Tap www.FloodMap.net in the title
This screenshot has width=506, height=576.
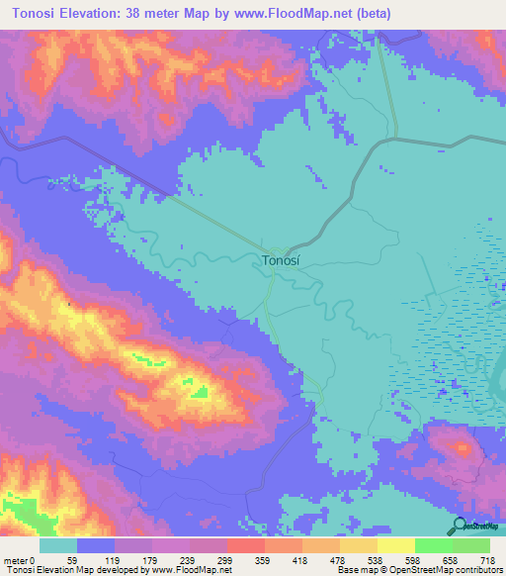coord(298,13)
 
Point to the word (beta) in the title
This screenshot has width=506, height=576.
coord(372,13)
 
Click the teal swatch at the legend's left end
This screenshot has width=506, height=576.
coord(58,545)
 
